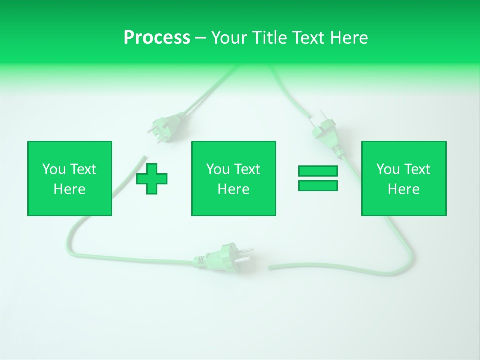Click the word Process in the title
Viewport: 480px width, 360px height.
tap(157, 38)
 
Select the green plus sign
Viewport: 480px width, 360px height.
tap(152, 179)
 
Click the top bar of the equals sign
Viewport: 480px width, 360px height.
tap(318, 171)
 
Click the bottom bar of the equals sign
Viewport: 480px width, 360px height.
tap(318, 186)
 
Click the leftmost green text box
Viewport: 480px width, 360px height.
tap(70, 178)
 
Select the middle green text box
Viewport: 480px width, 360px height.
tap(233, 178)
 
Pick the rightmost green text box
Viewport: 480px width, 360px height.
tap(404, 178)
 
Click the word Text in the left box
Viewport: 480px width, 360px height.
tap(83, 169)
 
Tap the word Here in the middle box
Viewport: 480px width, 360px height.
tap(233, 189)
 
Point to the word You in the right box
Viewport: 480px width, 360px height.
tap(388, 169)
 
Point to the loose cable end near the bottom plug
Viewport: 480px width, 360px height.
tap(270, 268)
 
